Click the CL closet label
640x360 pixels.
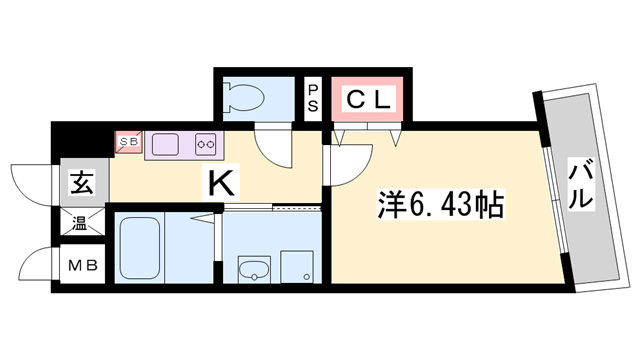369,98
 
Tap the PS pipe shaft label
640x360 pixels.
313,98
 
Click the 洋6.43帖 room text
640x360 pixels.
441,207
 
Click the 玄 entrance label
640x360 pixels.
80,184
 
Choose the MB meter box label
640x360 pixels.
80,266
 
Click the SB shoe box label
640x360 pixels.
130,142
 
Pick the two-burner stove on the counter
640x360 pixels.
206,145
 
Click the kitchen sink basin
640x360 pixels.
164,144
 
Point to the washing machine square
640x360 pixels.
296,267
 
